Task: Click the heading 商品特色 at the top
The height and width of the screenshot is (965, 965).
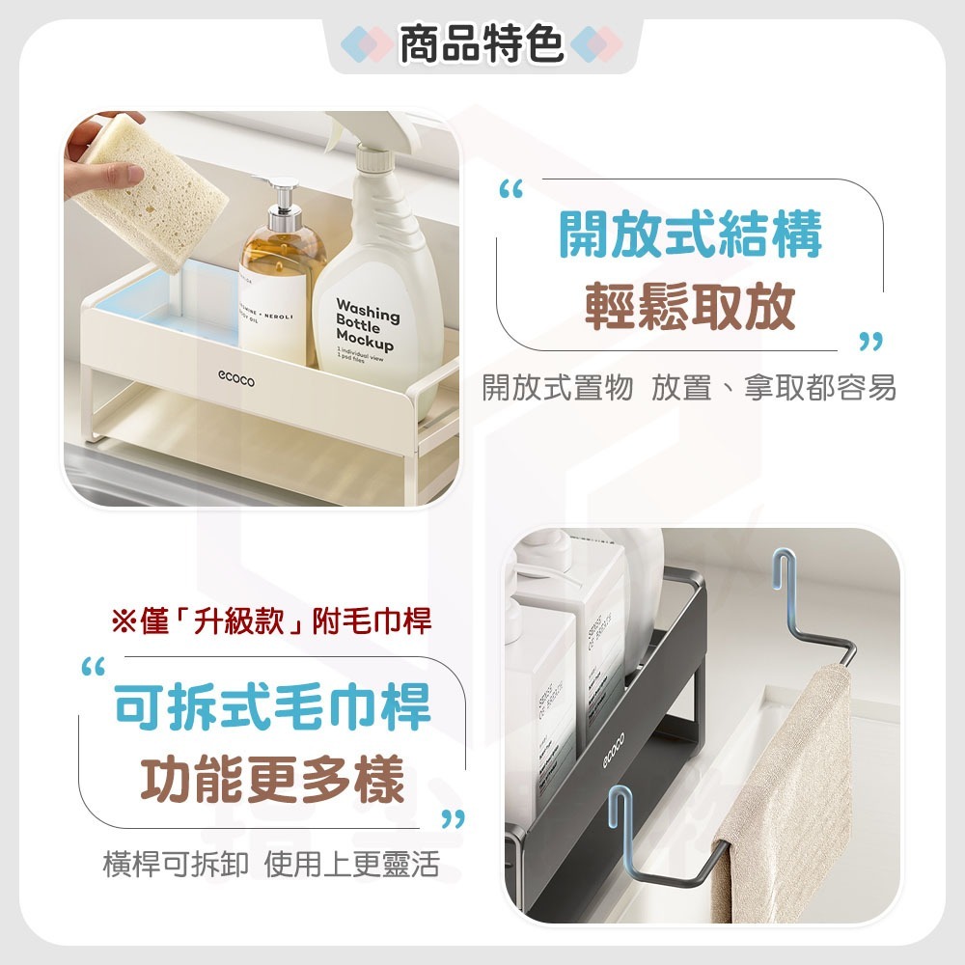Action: tap(482, 45)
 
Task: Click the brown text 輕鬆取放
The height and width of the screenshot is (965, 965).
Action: tap(690, 307)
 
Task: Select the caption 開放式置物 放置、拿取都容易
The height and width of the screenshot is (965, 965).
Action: tap(689, 388)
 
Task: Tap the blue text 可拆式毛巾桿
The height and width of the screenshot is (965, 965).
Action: tap(273, 707)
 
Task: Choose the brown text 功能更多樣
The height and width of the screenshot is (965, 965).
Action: tap(273, 781)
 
